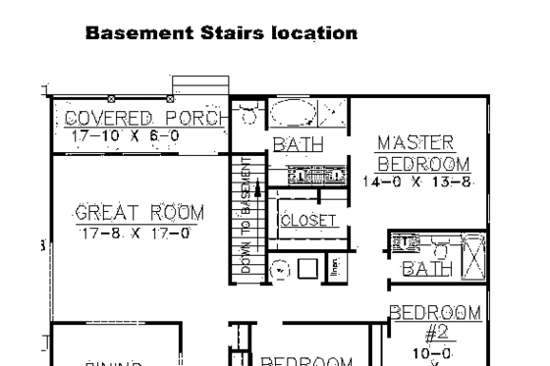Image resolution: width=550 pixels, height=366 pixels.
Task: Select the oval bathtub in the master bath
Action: click(x=302, y=115)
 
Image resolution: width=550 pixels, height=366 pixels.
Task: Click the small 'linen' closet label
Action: click(x=334, y=268)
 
